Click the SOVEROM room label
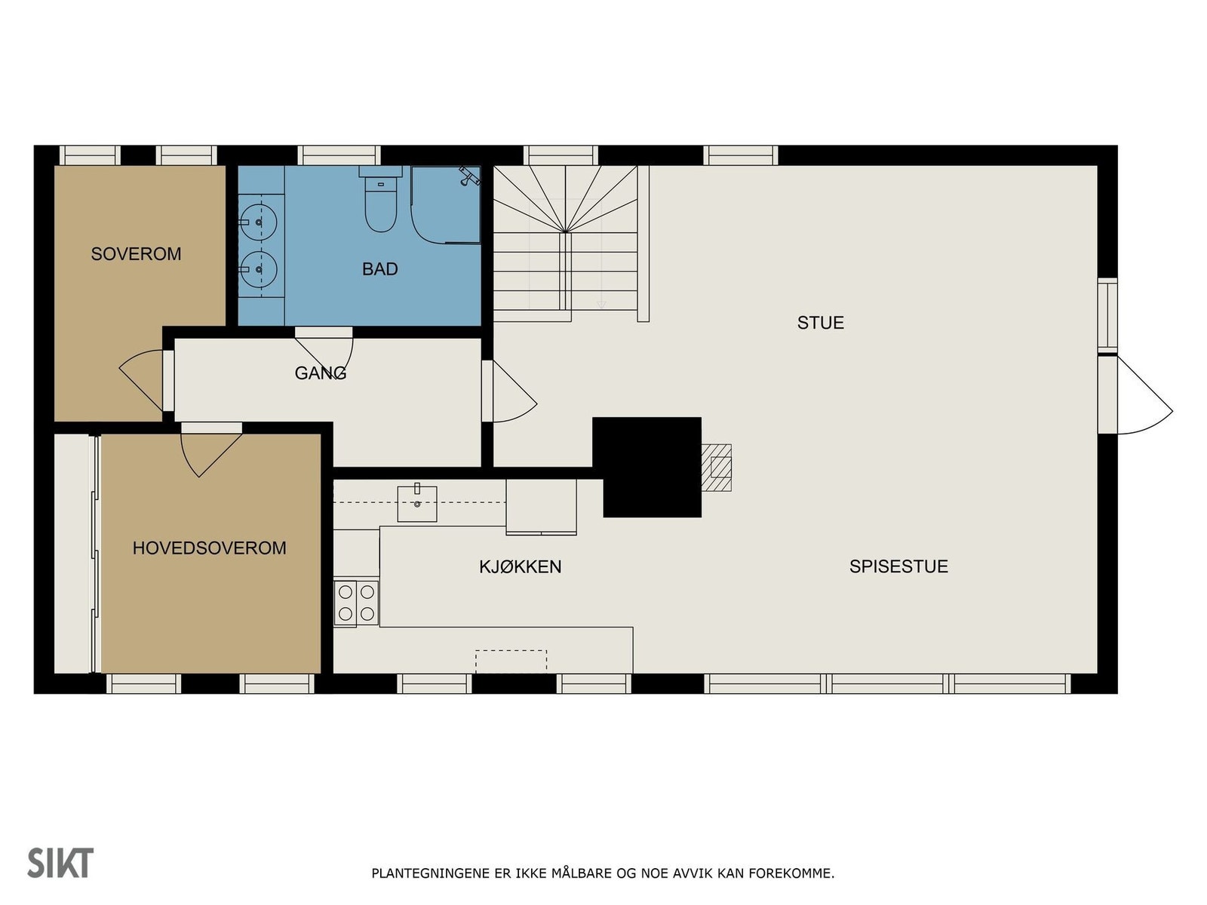tap(136, 254)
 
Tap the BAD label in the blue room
tap(379, 268)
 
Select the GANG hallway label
tap(321, 373)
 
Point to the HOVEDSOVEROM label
tap(210, 548)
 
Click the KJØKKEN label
tap(521, 566)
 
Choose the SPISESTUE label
tap(898, 566)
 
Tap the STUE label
tap(821, 323)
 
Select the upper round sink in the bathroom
tap(258, 222)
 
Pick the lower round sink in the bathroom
tap(258, 269)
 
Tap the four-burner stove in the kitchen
tap(356, 603)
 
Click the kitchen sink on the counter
tap(417, 503)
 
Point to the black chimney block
tap(646, 467)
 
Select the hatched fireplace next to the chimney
tap(717, 468)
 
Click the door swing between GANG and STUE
tap(512, 391)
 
